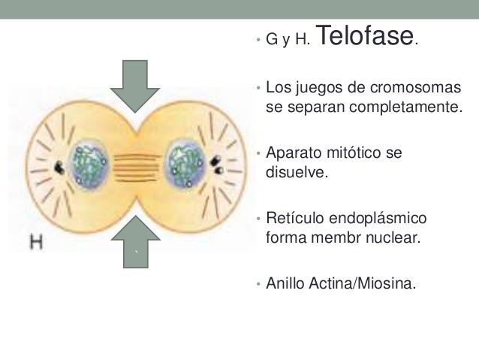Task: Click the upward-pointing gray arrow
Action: (135, 239)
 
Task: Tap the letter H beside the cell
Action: (35, 242)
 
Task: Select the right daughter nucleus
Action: (184, 162)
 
